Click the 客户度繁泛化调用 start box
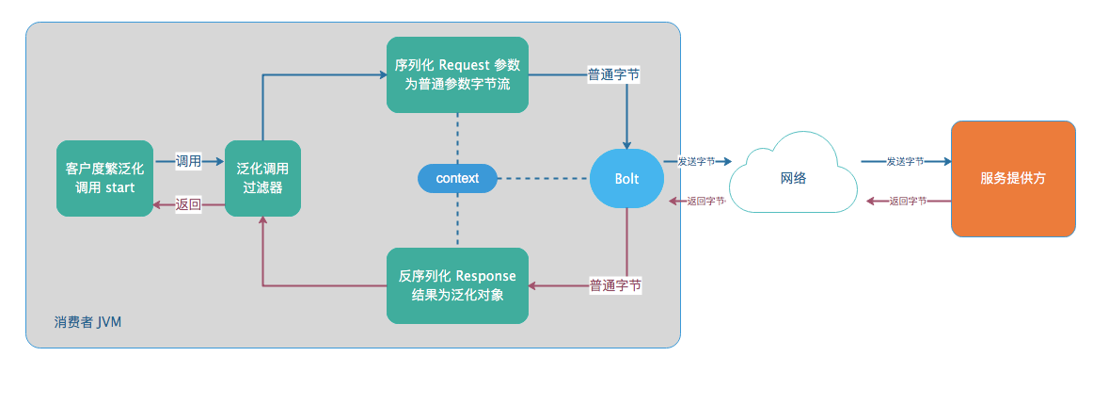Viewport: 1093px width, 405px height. point(104,178)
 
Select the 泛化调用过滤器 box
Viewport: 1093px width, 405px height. point(262,178)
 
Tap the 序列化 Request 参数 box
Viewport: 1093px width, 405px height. point(457,74)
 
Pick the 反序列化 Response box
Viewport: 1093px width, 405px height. point(457,285)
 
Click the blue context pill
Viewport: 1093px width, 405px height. point(457,178)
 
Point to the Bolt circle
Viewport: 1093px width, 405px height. point(627,178)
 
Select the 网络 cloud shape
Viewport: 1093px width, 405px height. point(794,178)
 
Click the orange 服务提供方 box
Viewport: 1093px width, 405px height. point(1013,178)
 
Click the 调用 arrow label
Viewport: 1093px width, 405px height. point(189,161)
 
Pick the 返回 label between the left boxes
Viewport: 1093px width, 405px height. point(189,204)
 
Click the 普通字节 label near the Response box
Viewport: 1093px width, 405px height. point(615,285)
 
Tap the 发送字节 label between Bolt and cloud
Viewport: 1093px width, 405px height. point(696,161)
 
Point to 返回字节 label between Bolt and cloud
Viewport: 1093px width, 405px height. point(705,201)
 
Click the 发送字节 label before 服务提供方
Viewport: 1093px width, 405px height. point(905,161)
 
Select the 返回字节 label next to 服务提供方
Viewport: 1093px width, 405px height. point(908,201)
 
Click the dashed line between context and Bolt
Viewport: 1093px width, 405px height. point(543,178)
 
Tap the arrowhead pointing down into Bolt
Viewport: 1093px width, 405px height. point(627,143)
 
